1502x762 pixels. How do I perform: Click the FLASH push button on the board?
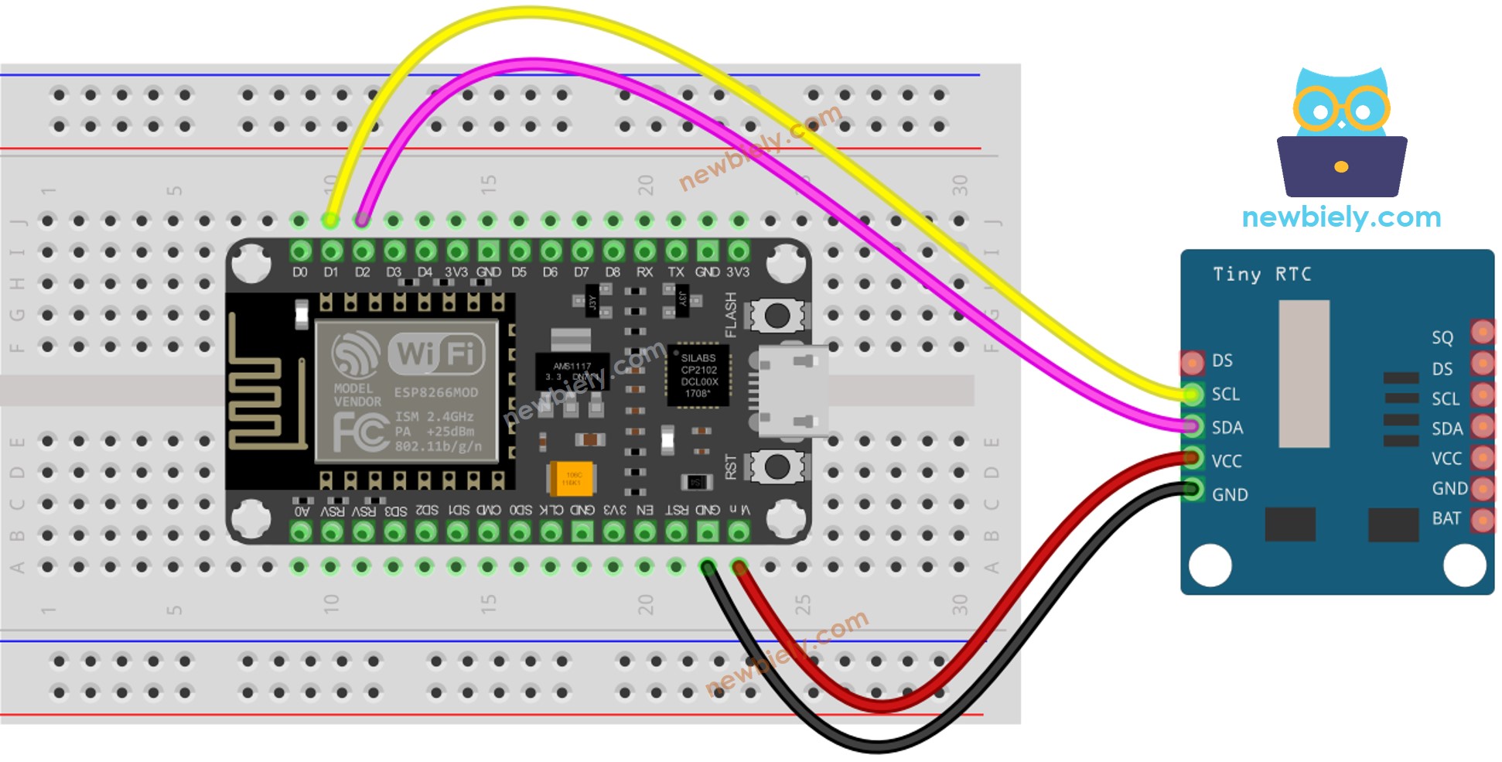777,316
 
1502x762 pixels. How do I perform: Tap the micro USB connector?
790,391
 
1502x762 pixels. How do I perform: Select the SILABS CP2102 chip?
698,375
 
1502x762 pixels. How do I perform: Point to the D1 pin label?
331,272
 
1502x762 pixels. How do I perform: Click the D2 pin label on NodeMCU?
362,272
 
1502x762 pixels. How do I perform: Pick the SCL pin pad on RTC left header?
1193,395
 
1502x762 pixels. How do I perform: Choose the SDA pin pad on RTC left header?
1193,427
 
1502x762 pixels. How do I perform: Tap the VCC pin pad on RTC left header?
1193,460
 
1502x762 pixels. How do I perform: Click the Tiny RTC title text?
1261,275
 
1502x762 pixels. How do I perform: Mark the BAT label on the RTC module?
1446,518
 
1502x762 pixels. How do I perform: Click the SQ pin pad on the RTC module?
1482,333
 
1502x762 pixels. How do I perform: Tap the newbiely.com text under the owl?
1341,217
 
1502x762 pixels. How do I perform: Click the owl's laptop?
1341,166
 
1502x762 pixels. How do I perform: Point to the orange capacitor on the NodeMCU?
572,478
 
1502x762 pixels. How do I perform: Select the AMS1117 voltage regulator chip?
572,371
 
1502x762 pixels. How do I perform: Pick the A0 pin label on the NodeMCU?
302,511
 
